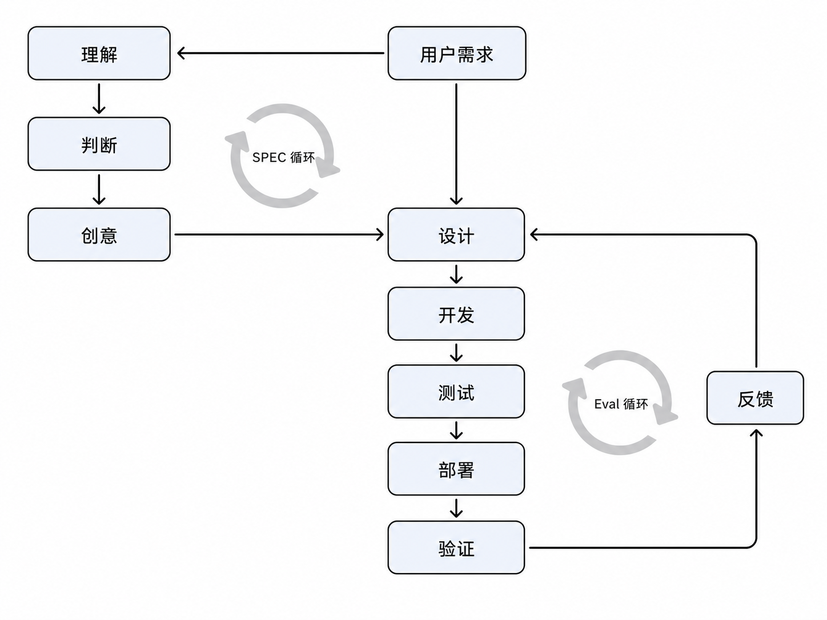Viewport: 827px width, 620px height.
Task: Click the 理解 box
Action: (x=99, y=53)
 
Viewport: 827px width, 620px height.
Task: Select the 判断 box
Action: (x=99, y=144)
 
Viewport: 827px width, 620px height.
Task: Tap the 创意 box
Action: (x=99, y=235)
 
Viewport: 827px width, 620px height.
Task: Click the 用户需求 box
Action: (x=457, y=53)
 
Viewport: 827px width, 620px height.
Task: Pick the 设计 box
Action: (x=456, y=235)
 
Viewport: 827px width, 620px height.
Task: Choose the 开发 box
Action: (x=456, y=313)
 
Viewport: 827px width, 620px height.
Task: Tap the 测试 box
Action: (x=456, y=392)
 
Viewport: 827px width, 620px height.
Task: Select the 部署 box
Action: (x=456, y=469)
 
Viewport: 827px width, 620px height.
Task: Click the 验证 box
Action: (x=456, y=547)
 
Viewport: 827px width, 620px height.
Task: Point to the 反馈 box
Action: (x=756, y=398)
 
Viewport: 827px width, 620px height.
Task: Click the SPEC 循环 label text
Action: (x=283, y=157)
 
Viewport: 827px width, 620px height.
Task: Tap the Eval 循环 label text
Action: (x=621, y=404)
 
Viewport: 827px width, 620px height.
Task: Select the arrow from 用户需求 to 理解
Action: (x=280, y=53)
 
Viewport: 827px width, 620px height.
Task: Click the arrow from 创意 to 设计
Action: (x=279, y=235)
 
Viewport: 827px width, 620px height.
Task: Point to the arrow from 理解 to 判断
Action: (x=99, y=99)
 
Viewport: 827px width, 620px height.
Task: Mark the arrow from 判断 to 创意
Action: (x=99, y=190)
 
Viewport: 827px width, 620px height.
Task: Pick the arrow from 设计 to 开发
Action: (x=456, y=274)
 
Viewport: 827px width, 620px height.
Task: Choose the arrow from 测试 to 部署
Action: (x=456, y=430)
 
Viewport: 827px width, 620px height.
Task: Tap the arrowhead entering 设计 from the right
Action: (x=533, y=235)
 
